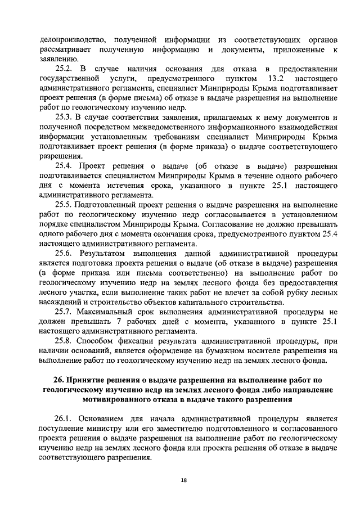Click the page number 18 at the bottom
tap(183, 480)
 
